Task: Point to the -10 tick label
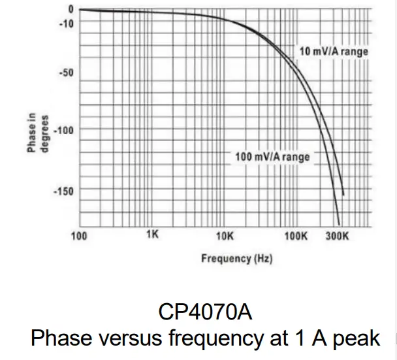point(66,24)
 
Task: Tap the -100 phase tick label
point(64,130)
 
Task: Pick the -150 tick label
point(64,191)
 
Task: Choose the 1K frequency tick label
point(152,234)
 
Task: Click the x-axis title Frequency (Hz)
point(236,259)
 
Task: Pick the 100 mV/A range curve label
point(272,157)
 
